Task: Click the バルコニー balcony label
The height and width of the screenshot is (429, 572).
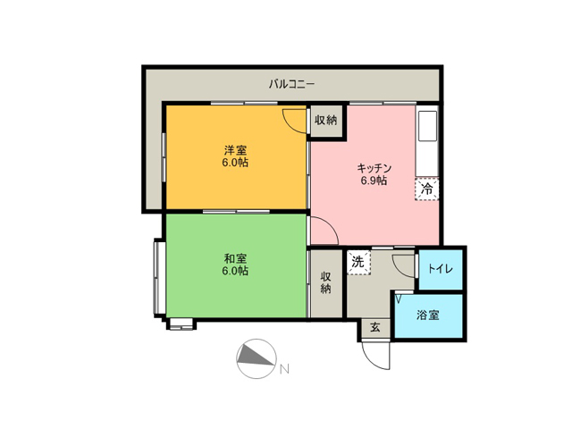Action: pos(292,84)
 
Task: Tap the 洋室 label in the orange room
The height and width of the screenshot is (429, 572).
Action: pos(235,149)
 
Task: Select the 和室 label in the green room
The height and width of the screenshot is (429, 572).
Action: pos(235,258)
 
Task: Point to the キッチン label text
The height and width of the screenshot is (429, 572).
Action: pos(374,168)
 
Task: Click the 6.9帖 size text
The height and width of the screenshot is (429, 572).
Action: pos(374,181)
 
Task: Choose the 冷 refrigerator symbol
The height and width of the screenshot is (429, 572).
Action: pos(427,189)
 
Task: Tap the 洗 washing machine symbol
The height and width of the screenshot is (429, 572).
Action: pos(357,262)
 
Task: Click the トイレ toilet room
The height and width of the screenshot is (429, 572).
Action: pos(441,269)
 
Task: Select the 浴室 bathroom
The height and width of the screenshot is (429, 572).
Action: pos(429,315)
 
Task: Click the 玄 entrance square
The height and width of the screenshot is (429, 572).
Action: pos(375,328)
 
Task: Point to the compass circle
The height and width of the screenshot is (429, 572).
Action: pos(257,359)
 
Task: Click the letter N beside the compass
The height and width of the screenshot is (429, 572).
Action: pos(284,369)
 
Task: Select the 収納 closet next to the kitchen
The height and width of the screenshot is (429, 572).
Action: pos(326,121)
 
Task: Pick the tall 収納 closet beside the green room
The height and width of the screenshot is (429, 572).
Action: pos(326,283)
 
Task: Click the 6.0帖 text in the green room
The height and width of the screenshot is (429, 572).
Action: pos(235,271)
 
